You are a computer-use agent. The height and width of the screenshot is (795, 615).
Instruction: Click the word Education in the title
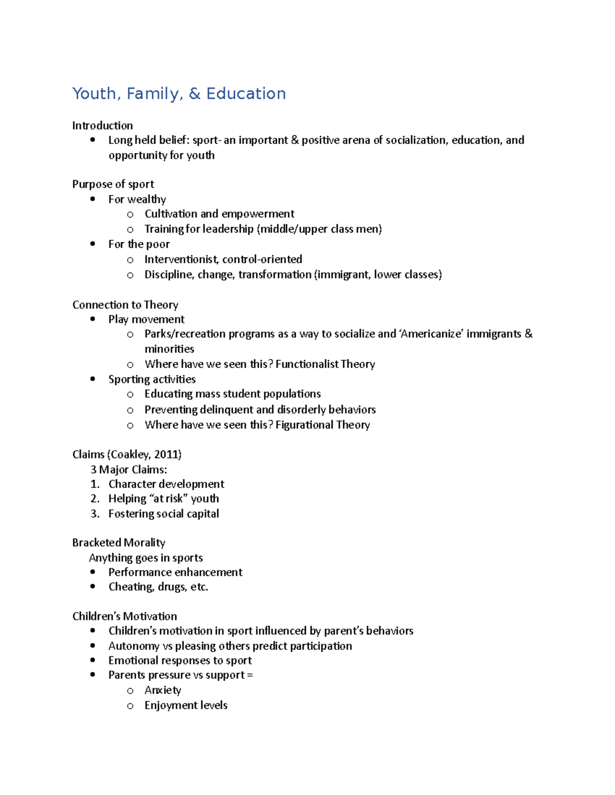click(x=246, y=94)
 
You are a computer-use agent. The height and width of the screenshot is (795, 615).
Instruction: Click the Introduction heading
click(x=102, y=125)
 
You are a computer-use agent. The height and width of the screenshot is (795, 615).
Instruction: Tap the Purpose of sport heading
click(x=113, y=184)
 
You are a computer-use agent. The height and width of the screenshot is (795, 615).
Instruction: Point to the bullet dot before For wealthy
click(x=93, y=199)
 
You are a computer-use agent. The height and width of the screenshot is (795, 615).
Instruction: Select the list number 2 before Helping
click(x=95, y=499)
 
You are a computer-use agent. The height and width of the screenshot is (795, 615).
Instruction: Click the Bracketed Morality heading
click(x=118, y=542)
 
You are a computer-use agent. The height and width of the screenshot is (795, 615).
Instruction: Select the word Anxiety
click(x=163, y=690)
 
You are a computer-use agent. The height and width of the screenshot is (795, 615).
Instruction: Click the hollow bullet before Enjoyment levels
click(x=130, y=706)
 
